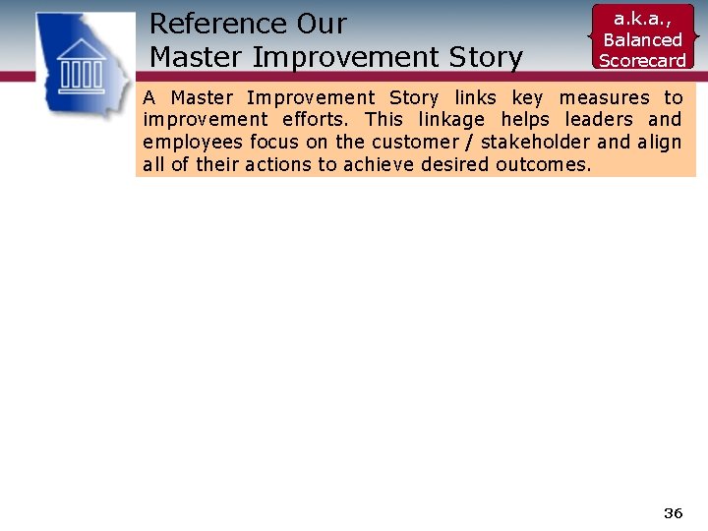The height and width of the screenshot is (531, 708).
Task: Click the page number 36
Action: point(673,513)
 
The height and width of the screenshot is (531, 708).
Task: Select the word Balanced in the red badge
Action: point(642,39)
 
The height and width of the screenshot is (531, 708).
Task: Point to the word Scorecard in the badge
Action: point(642,60)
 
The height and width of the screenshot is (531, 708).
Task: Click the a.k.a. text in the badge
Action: point(642,19)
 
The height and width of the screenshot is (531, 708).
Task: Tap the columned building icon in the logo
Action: point(84,66)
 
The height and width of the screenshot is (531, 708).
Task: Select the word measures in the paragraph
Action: point(605,97)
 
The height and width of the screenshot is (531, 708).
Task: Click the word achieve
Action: point(380,164)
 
